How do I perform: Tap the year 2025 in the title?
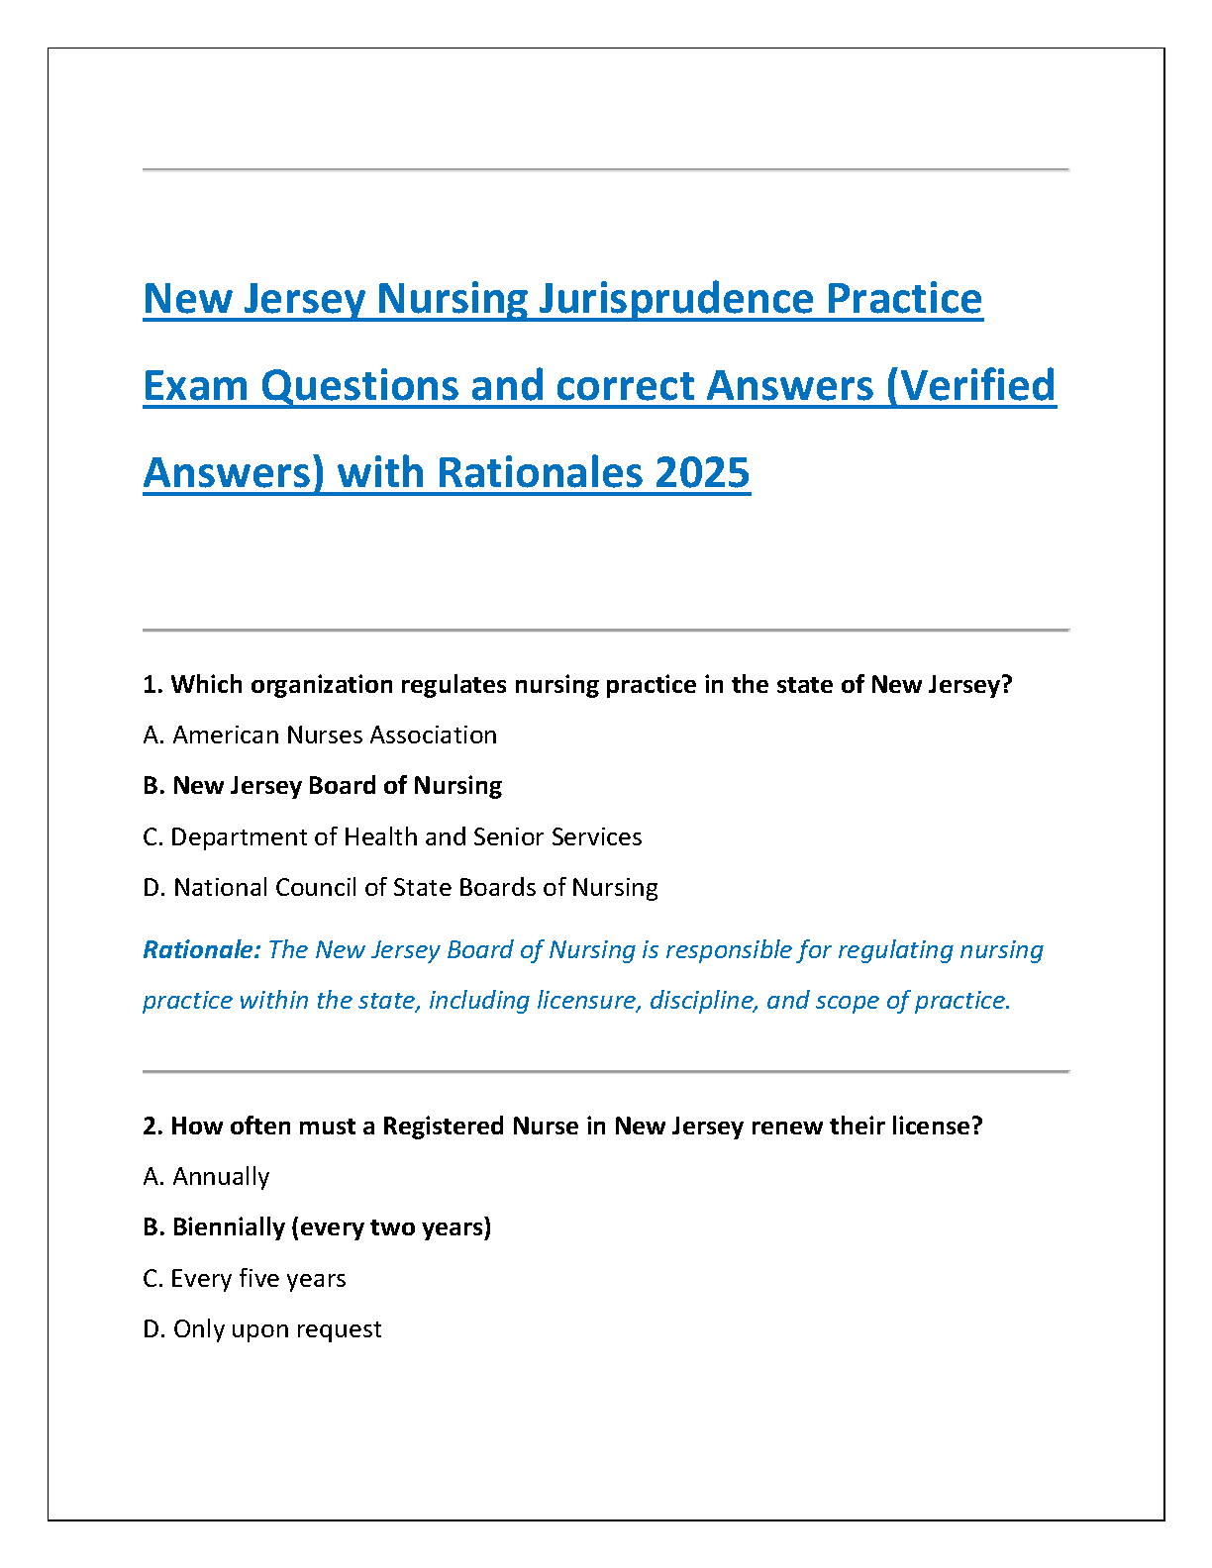tap(702, 473)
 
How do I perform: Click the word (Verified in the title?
tap(971, 386)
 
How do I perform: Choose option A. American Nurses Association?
tap(320, 735)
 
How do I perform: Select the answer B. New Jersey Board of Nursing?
tap(322, 786)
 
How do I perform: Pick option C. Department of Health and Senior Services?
tap(392, 837)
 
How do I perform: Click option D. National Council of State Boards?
tap(400, 888)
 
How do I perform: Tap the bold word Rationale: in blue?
tap(202, 950)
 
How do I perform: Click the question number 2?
tap(151, 1127)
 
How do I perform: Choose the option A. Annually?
tap(206, 1177)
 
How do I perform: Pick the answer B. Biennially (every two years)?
tap(317, 1227)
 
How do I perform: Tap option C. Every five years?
tap(245, 1279)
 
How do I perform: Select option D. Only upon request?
tap(262, 1329)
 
